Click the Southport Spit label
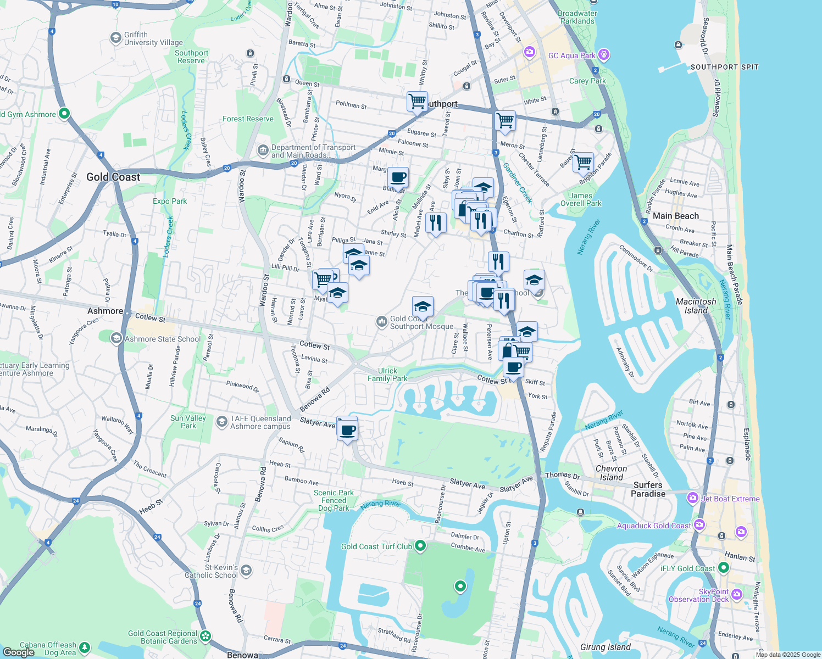pos(724,67)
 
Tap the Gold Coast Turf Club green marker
pos(420,546)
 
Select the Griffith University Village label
pos(153,38)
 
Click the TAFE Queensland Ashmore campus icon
pos(222,422)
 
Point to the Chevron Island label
pos(611,473)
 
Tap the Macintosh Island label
pos(696,306)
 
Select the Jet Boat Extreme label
pos(730,499)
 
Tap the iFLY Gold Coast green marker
pos(724,568)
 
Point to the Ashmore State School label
pos(163,339)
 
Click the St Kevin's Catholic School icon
pos(246,571)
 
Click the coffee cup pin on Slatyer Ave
pos(347,430)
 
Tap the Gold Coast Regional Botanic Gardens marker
pos(205,636)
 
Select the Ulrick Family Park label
pos(387,375)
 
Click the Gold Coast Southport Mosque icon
pos(381,322)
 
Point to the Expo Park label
pos(170,201)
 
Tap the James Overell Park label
pos(581,199)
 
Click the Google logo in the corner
pos(18,652)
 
